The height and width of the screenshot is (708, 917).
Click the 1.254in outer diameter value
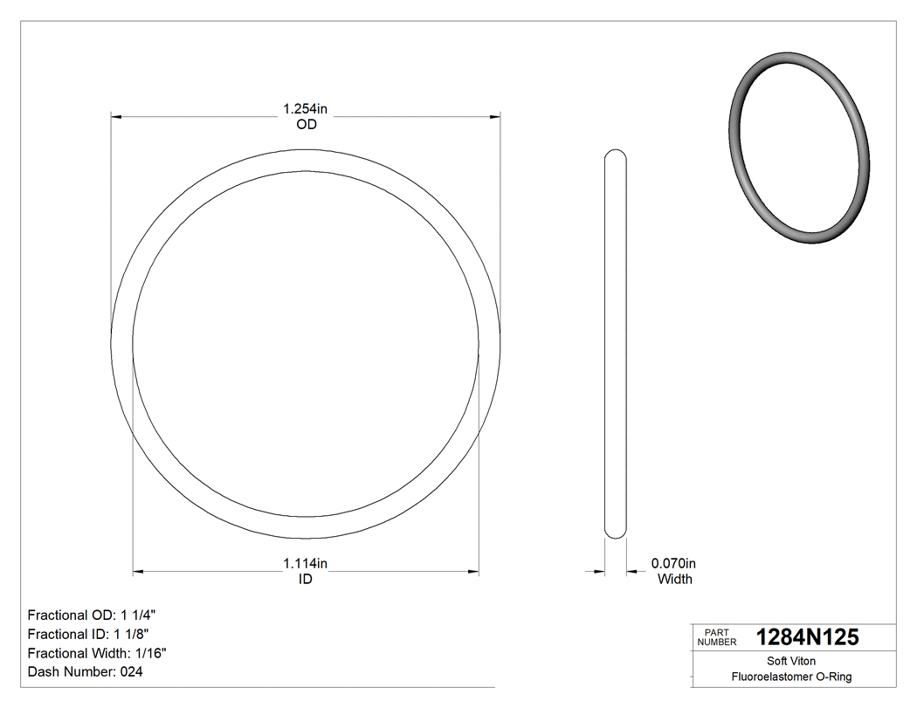(305, 109)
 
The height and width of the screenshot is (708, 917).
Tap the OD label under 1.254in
(305, 125)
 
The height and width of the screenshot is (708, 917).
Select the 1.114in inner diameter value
(305, 563)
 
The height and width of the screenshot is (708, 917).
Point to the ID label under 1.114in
(305, 579)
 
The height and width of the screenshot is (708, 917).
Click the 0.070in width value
(674, 563)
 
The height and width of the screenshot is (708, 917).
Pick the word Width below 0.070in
(674, 579)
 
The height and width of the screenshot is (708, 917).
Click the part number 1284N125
(807, 637)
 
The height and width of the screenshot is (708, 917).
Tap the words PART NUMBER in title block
(716, 637)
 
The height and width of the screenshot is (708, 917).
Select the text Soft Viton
(791, 661)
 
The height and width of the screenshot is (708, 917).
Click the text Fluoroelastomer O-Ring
(791, 677)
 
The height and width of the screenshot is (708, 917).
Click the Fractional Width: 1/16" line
(98, 653)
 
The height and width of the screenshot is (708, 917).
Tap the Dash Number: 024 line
(86, 672)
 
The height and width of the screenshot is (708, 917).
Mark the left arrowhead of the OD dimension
(116, 116)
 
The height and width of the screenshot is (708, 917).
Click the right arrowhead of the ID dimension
(473, 573)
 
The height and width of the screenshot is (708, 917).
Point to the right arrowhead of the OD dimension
(495, 116)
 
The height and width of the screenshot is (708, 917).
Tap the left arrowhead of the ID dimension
(138, 573)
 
